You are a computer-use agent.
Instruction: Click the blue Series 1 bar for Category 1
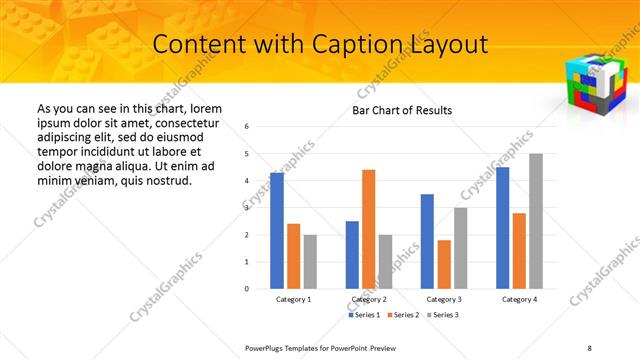pos(277,231)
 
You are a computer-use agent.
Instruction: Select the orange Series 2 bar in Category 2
pos(368,229)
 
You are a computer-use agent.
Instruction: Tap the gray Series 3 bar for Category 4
pos(536,221)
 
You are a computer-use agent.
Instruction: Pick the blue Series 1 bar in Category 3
pos(427,241)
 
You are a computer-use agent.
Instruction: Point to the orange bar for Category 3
pos(444,264)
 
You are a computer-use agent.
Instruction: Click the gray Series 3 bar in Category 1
pos(310,262)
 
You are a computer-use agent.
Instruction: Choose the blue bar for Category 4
pos(502,228)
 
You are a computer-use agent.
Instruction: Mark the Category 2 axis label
pos(369,300)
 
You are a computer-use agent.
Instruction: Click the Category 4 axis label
pos(519,300)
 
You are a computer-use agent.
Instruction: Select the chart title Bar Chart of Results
pos(402,110)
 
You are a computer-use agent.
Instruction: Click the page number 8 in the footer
pos(590,347)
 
